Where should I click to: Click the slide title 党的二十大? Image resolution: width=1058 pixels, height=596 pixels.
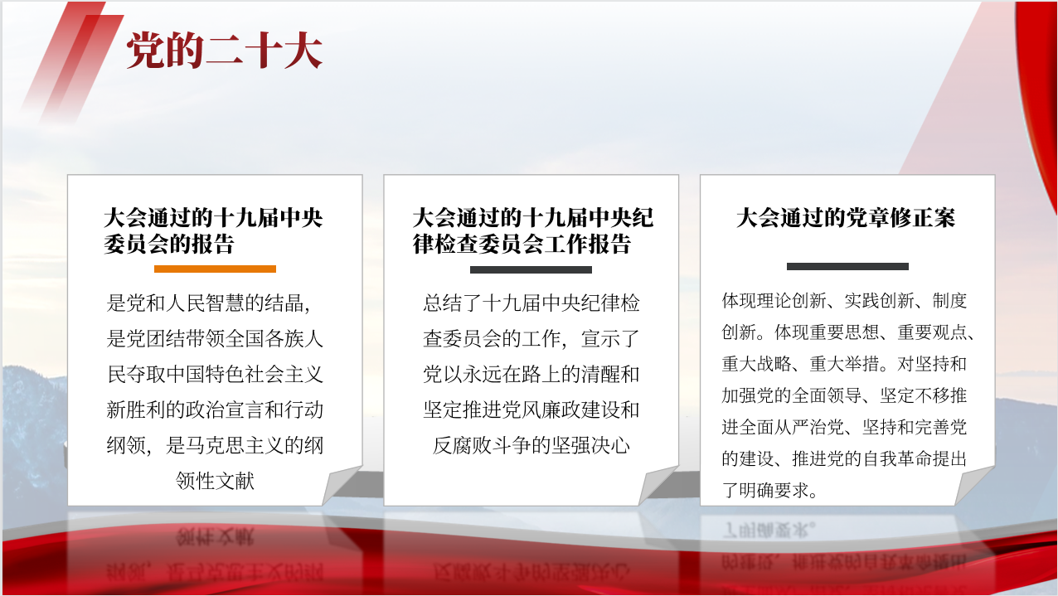tap(225, 51)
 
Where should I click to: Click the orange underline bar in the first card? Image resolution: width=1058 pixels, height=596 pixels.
tap(215, 269)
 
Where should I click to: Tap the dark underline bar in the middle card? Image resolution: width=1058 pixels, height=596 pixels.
tap(531, 269)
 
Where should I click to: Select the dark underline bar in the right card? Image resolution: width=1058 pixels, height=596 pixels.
tap(847, 266)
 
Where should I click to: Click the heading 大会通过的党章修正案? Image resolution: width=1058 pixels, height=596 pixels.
tap(846, 218)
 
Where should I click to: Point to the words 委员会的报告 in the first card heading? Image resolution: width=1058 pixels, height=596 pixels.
tap(170, 245)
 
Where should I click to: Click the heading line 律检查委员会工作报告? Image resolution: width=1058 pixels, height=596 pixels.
tap(522, 245)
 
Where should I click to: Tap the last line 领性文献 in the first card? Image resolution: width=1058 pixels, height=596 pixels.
tap(215, 482)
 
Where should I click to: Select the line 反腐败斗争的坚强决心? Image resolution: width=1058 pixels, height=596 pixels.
tap(531, 445)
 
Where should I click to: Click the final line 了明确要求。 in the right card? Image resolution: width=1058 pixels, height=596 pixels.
tap(770, 490)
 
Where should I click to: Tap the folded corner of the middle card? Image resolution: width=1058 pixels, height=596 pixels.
tap(658, 486)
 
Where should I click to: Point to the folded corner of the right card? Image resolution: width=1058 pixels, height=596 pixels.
tap(975, 486)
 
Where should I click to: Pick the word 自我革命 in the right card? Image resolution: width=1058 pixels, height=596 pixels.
tap(898, 458)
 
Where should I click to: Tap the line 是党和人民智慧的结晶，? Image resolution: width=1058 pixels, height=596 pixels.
tap(209, 303)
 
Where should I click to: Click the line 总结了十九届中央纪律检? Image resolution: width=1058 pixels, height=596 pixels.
tap(531, 303)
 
